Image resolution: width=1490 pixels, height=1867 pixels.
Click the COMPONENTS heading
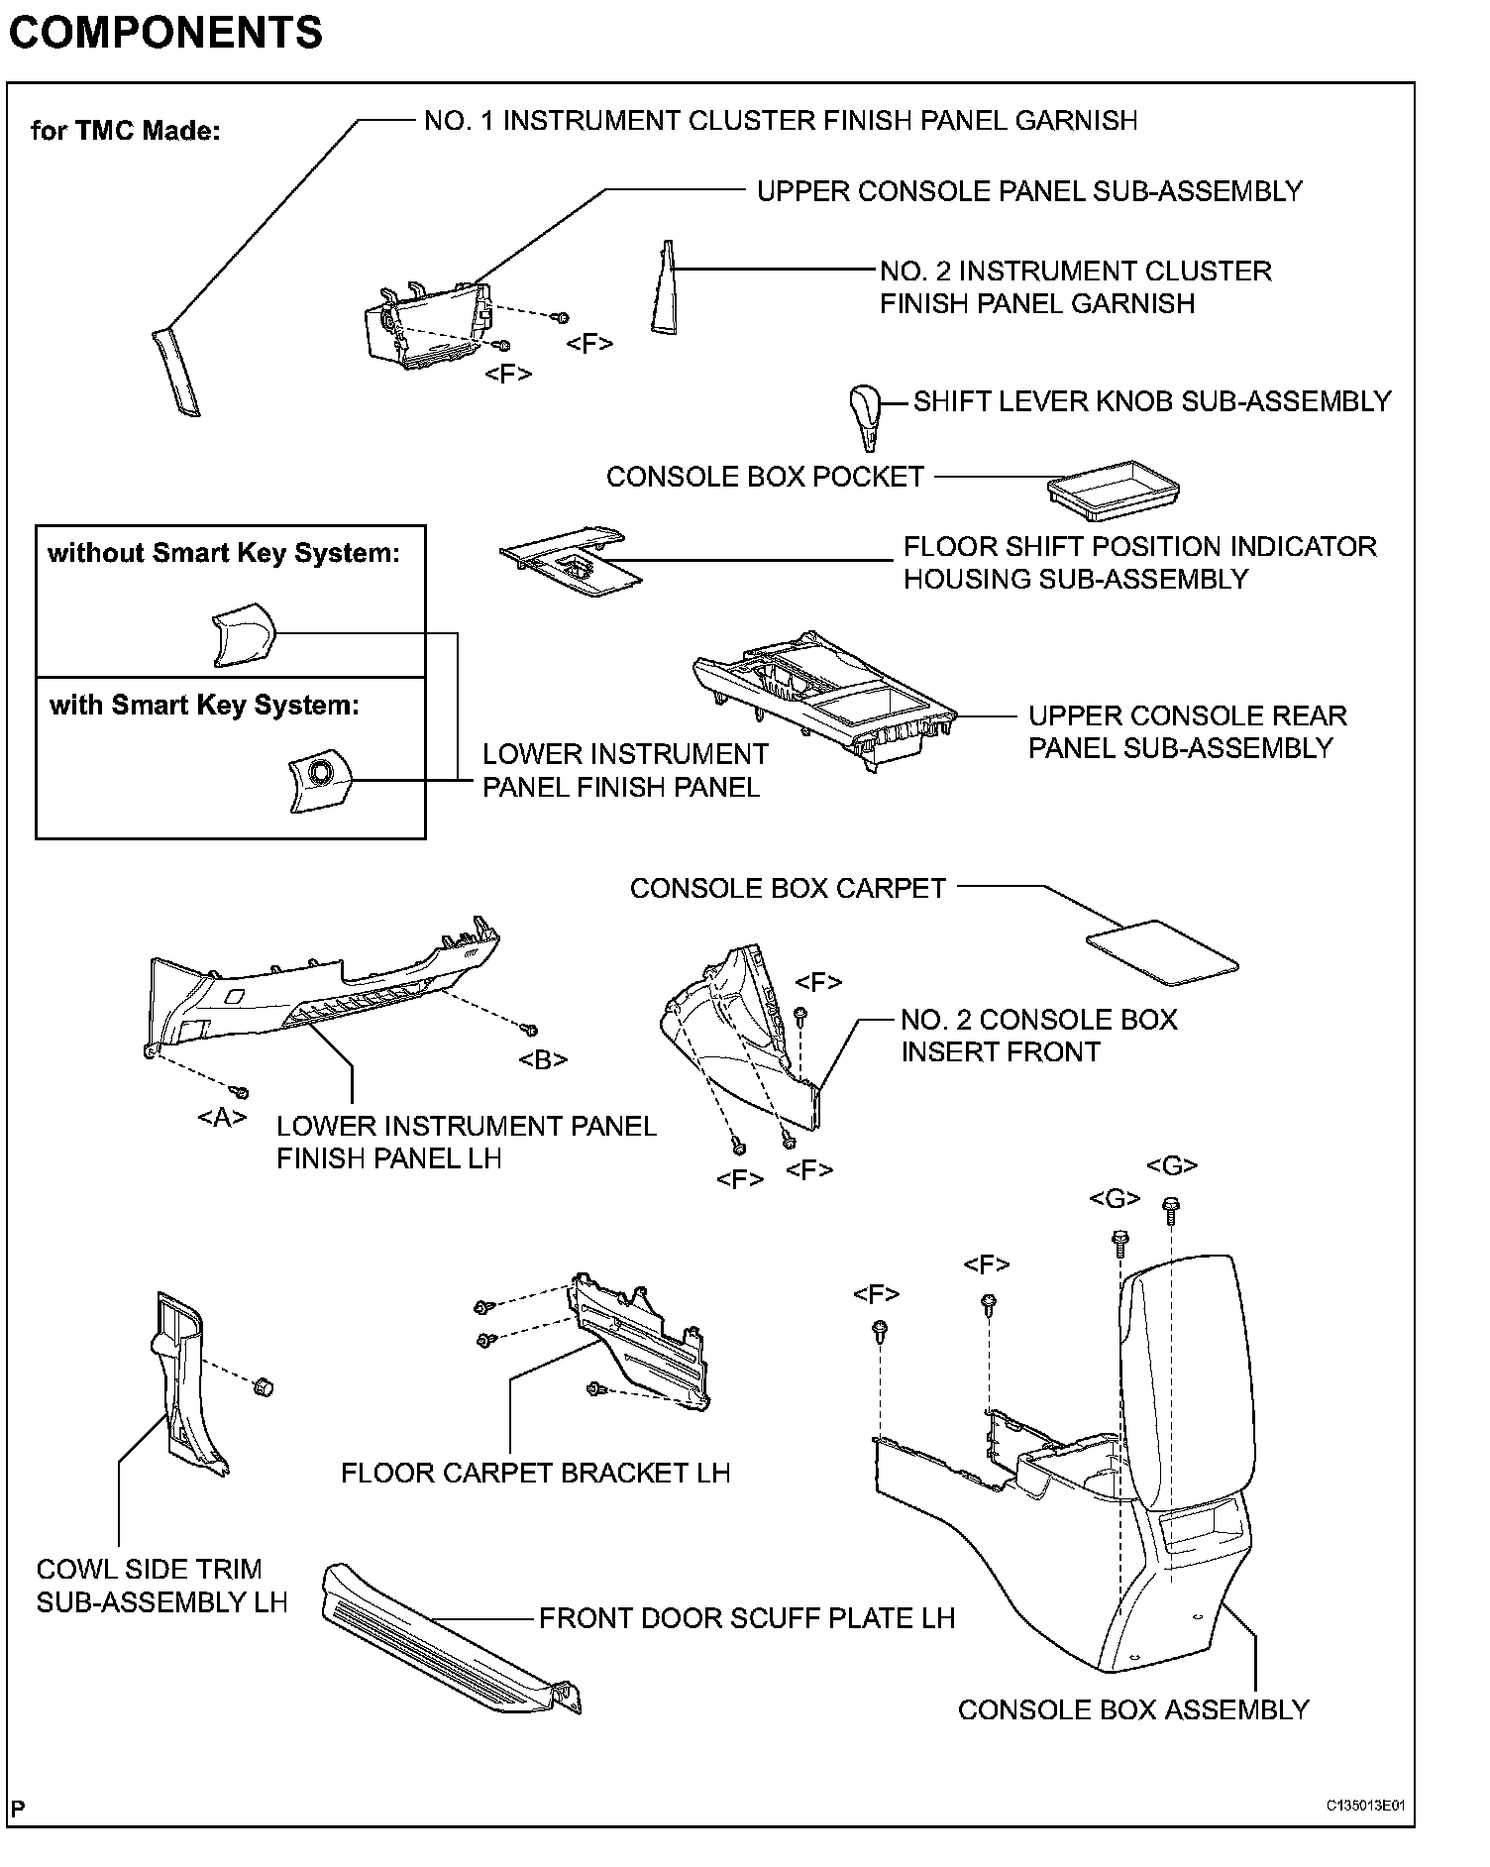tap(165, 32)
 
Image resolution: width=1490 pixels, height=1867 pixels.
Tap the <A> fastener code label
tap(222, 1118)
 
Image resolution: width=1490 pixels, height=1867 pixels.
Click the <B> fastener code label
tap(543, 1059)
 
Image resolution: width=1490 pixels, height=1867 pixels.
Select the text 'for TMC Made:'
tap(126, 131)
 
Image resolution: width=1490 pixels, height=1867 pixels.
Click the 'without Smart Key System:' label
tap(224, 553)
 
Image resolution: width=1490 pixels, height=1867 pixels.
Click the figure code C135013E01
tap(1366, 1805)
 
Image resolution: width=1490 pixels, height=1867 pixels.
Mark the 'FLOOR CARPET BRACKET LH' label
tap(535, 1473)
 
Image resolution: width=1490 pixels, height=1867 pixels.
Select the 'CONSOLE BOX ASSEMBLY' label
tap(1133, 1709)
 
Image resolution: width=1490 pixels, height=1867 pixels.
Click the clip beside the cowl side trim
tap(264, 1386)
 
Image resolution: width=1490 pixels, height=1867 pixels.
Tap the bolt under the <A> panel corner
tap(240, 1093)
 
